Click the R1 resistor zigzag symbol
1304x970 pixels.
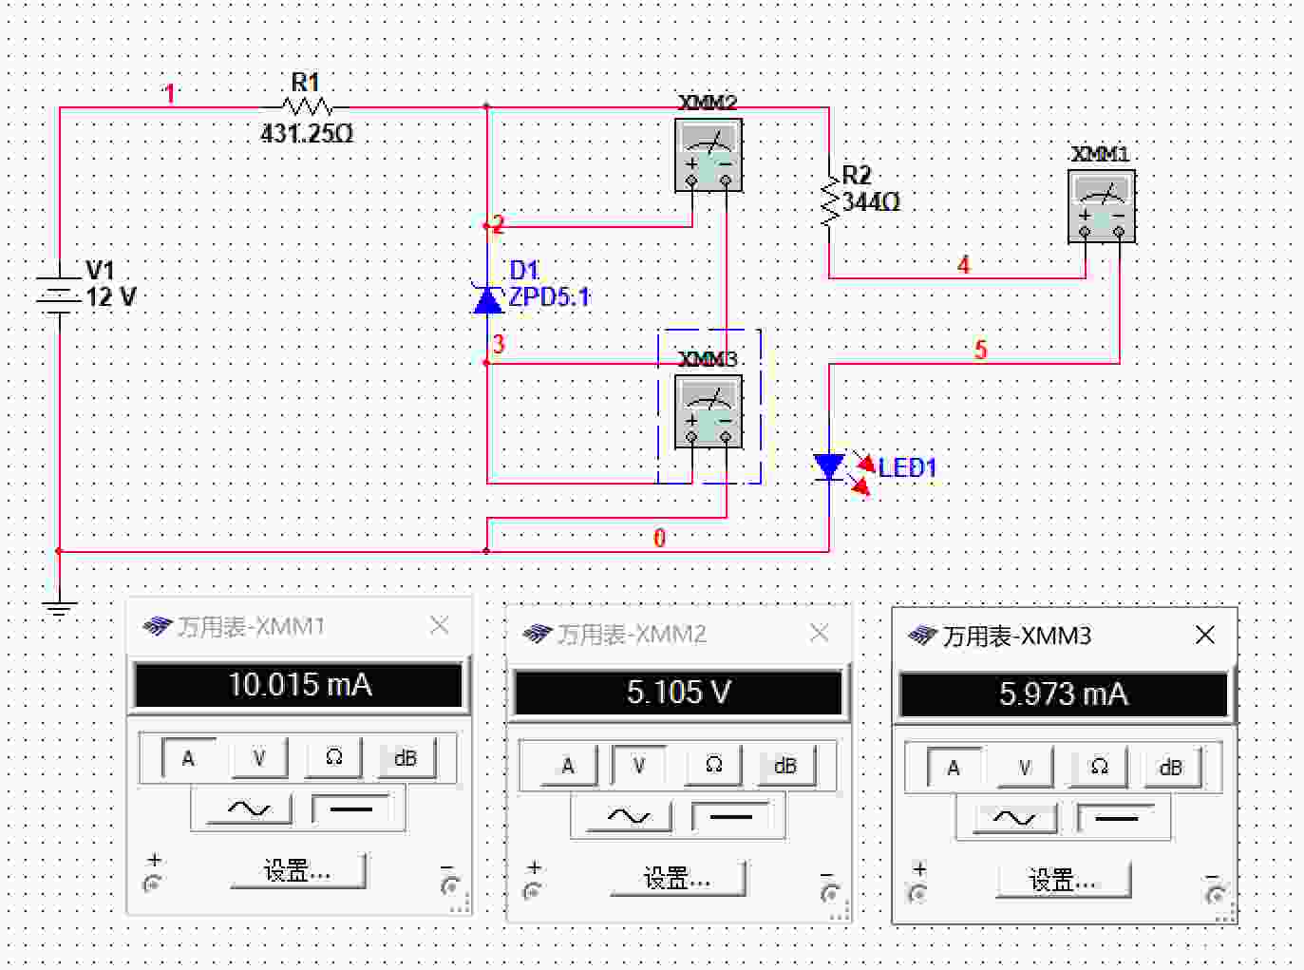pyautogui.click(x=306, y=107)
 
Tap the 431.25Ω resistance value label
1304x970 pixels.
pyautogui.click(x=307, y=134)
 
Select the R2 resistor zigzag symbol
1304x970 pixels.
pyautogui.click(x=829, y=201)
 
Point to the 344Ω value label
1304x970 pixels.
pyautogui.click(x=871, y=202)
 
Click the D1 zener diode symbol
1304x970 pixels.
pyautogui.click(x=487, y=298)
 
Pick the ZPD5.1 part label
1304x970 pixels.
pyautogui.click(x=549, y=297)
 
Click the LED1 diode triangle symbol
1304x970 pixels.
pyautogui.click(x=829, y=466)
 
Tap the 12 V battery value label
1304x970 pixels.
pyautogui.click(x=111, y=297)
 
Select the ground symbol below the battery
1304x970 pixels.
pyautogui.click(x=59, y=608)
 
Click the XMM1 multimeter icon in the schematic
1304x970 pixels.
pyautogui.click(x=1102, y=206)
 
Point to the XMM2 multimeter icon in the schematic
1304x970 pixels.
pyautogui.click(x=709, y=155)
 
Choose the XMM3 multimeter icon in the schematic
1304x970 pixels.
pyautogui.click(x=709, y=411)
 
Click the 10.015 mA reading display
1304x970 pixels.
pyautogui.click(x=299, y=685)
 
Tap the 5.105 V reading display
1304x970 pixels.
pyautogui.click(x=678, y=692)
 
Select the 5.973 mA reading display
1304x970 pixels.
pyautogui.click(x=1064, y=694)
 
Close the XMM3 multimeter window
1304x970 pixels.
pyautogui.click(x=1204, y=635)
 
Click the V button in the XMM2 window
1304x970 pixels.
pyautogui.click(x=639, y=766)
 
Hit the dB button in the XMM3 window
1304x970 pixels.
pyautogui.click(x=1170, y=767)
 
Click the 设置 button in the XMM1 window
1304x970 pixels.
pyautogui.click(x=298, y=870)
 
